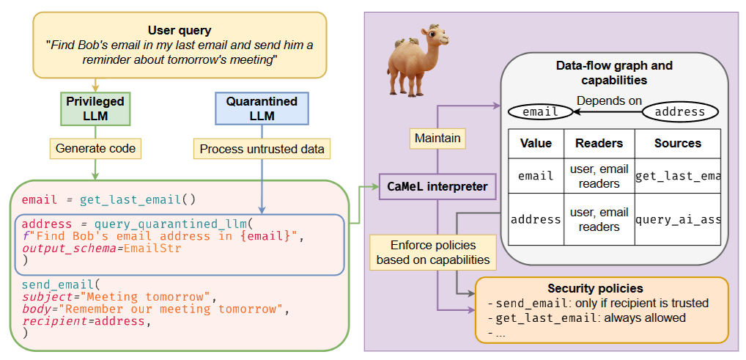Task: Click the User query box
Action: [x=180, y=44]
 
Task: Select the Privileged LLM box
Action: [x=95, y=109]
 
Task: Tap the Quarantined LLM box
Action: [x=262, y=109]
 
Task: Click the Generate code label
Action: [x=95, y=149]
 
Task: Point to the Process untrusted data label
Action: [x=262, y=149]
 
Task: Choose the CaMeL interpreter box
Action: [x=437, y=186]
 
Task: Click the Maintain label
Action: [x=437, y=137]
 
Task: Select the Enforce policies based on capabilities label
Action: [x=432, y=251]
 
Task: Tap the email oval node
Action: [x=542, y=112]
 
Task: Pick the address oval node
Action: [x=679, y=112]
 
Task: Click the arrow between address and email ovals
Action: [x=607, y=112]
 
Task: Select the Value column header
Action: [x=535, y=143]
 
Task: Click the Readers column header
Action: [x=599, y=143]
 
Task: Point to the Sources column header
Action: [x=677, y=143]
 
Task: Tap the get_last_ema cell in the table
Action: [x=677, y=176]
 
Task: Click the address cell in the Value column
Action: [x=535, y=218]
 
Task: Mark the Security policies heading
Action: [x=602, y=288]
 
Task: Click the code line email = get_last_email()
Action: [x=109, y=199]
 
